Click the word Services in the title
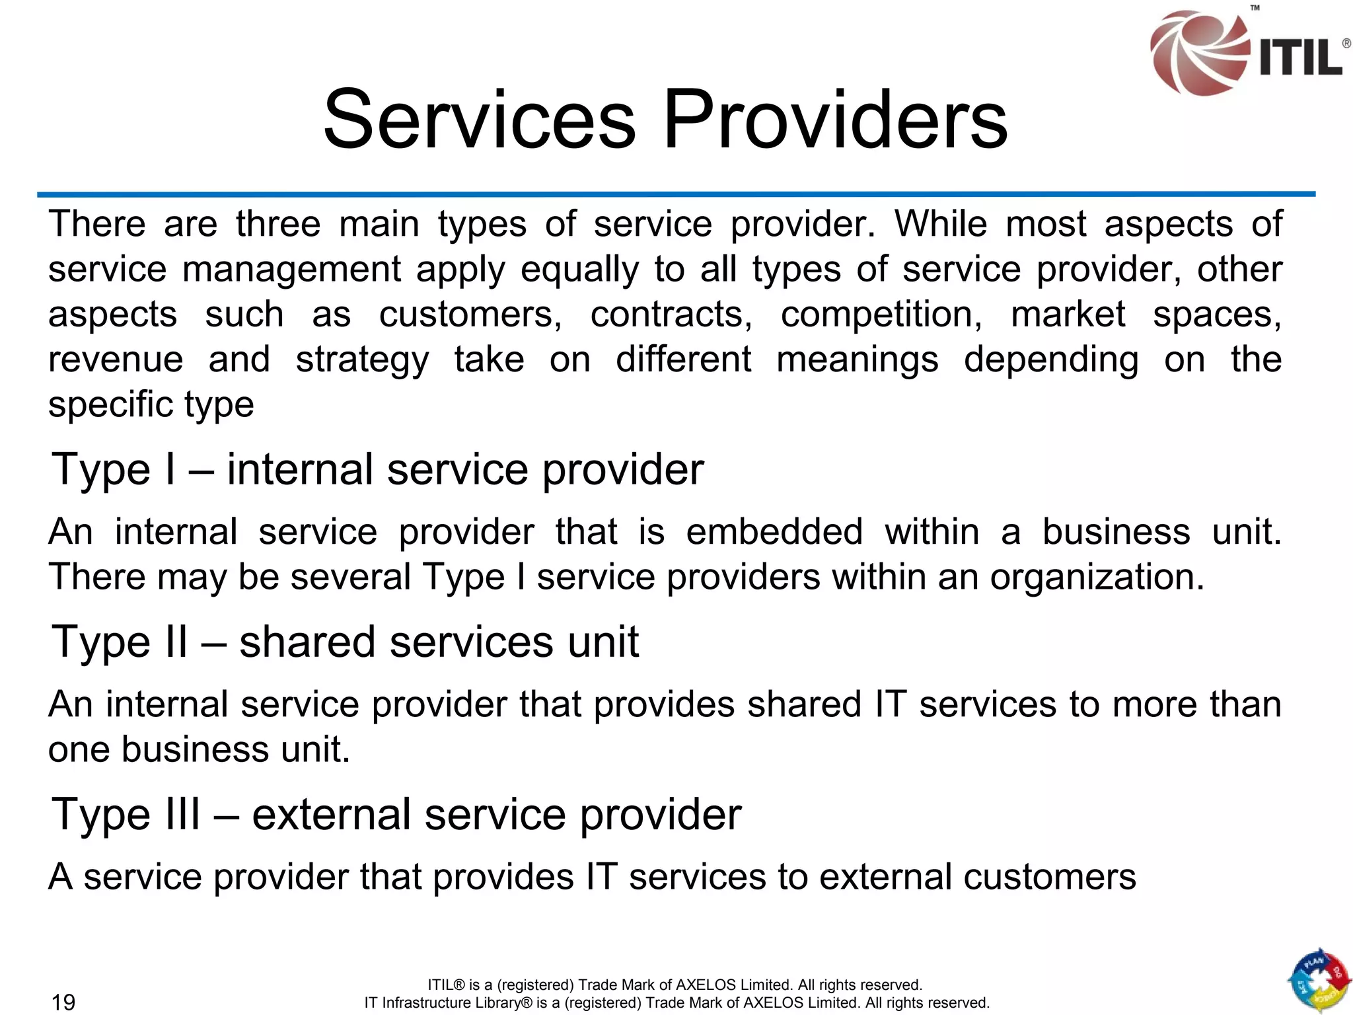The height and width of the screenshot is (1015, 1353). [479, 120]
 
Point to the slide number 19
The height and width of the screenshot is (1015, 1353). [63, 1002]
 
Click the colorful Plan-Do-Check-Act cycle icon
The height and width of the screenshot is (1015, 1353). [1319, 981]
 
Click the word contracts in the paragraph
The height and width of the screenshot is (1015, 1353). [671, 314]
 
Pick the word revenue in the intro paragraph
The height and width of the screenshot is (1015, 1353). [116, 359]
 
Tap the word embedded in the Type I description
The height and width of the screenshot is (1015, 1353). [774, 531]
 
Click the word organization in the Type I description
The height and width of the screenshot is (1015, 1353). [1097, 576]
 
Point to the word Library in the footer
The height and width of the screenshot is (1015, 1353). [490, 1002]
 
